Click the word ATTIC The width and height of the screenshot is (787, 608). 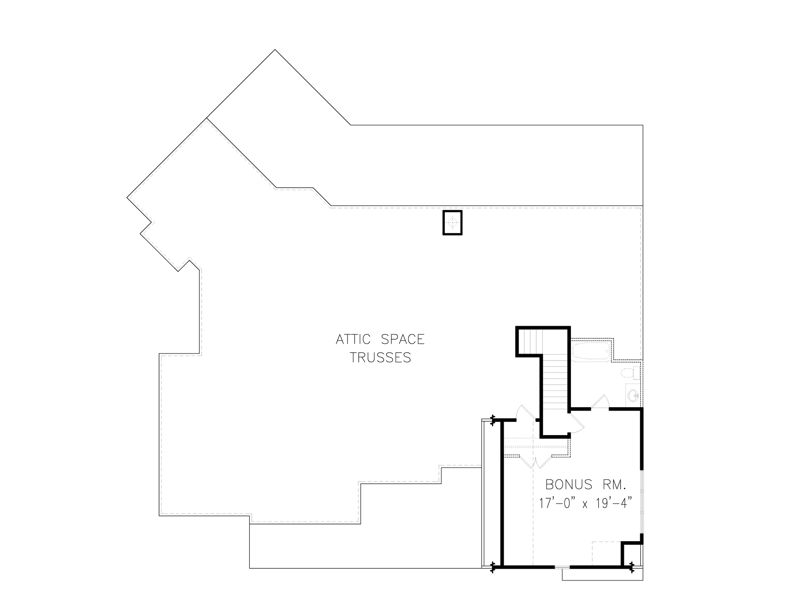click(x=354, y=340)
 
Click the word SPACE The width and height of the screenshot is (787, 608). click(x=403, y=340)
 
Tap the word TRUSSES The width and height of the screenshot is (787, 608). click(x=380, y=358)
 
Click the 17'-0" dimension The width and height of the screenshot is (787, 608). click(x=556, y=504)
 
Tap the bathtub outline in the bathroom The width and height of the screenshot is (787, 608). click(x=591, y=352)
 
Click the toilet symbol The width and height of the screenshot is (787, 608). click(x=629, y=373)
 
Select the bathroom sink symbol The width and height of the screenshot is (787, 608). click(x=634, y=395)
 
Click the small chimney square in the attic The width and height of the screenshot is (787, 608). click(x=453, y=222)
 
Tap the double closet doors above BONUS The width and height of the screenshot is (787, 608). click(x=535, y=461)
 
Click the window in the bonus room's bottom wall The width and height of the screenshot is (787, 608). click(x=562, y=567)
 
